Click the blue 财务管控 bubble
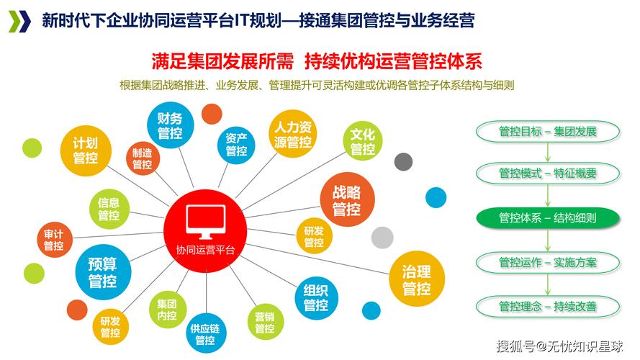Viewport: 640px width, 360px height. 171,125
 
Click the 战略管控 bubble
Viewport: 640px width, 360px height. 346,201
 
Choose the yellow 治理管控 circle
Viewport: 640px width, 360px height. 416,279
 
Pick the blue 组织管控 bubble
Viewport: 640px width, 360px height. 315,298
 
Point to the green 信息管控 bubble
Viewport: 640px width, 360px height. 109,209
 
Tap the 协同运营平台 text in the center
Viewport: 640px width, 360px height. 206,249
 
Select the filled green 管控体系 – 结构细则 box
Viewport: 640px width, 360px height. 548,217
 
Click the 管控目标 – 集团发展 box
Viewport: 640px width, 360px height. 548,132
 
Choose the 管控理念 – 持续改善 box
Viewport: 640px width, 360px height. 548,306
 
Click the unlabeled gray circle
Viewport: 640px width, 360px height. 382,237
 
